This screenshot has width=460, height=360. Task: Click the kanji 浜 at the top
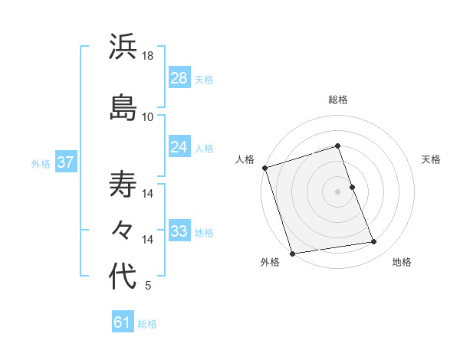click(x=123, y=47)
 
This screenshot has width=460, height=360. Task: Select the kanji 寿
click(x=123, y=184)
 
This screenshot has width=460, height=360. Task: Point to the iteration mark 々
click(x=123, y=230)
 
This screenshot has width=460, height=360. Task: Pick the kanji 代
click(x=123, y=277)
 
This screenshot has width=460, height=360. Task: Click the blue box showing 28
click(x=179, y=78)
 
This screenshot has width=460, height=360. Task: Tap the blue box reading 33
click(x=179, y=231)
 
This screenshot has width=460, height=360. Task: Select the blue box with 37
click(x=66, y=162)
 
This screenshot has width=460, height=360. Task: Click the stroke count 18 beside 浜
click(x=148, y=56)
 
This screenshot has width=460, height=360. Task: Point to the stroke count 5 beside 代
click(x=148, y=286)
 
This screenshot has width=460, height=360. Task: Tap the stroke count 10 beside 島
click(x=148, y=116)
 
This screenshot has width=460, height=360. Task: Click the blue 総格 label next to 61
click(x=148, y=324)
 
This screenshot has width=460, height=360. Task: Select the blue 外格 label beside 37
click(x=41, y=163)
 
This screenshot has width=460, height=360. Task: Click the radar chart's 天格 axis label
click(x=432, y=159)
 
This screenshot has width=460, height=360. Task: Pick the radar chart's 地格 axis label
click(x=402, y=263)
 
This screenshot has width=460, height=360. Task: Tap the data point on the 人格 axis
click(x=264, y=168)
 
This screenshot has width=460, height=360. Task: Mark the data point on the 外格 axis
click(x=292, y=253)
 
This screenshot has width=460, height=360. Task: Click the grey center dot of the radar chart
click(x=338, y=191)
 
